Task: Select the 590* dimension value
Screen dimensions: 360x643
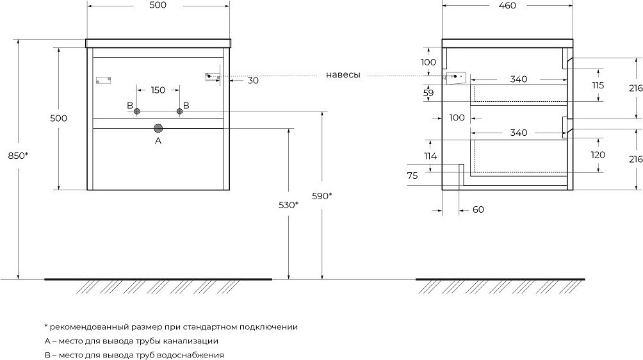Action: (x=321, y=196)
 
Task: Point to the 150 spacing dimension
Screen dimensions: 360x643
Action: (x=158, y=90)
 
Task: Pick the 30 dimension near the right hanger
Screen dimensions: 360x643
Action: (x=253, y=80)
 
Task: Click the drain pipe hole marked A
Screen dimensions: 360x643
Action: (x=158, y=128)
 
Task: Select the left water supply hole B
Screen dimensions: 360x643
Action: (x=137, y=112)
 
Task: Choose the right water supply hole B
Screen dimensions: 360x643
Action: (x=179, y=112)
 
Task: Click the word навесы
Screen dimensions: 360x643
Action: (x=343, y=75)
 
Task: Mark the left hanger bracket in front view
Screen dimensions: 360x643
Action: (x=103, y=80)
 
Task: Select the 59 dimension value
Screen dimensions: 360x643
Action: (x=429, y=92)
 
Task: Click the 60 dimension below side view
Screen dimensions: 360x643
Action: (x=478, y=209)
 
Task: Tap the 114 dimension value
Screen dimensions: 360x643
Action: (x=430, y=156)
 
